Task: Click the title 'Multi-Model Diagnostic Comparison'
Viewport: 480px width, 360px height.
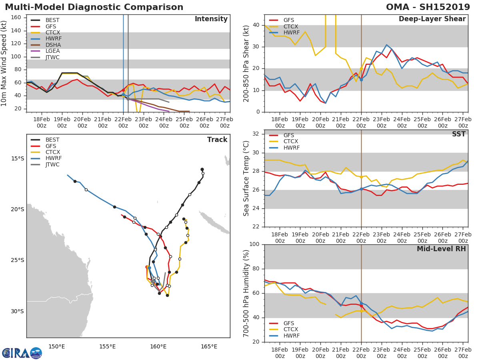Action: (x=94, y=7)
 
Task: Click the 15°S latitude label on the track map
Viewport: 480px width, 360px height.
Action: (x=17, y=159)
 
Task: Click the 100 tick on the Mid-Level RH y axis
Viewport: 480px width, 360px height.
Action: (x=255, y=244)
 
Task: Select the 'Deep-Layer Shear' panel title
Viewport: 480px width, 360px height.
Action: (x=432, y=19)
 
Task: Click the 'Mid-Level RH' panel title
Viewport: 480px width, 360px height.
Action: (x=441, y=249)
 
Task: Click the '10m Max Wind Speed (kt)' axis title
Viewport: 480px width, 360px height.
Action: (x=5, y=64)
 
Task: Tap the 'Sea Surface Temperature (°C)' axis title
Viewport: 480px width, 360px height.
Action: (x=246, y=178)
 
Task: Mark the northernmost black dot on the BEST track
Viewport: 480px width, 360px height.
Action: (x=202, y=169)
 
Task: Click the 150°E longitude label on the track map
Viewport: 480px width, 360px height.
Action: (x=57, y=346)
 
